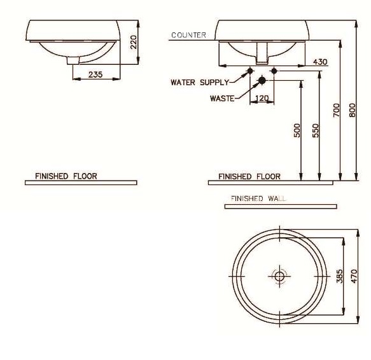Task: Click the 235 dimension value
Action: [95, 74]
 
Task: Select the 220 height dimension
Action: [134, 42]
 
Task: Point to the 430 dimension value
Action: [320, 62]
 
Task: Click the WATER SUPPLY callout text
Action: [199, 83]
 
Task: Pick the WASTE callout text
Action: [222, 98]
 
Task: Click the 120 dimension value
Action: [261, 98]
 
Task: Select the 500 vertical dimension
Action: [297, 130]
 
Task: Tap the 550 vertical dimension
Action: [316, 130]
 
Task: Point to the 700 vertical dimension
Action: [336, 109]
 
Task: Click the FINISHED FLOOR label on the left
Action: [66, 176]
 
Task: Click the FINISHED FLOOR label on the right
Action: [249, 176]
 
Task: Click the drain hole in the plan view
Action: [279, 275]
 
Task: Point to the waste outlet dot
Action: [261, 80]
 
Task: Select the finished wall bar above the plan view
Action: [281, 206]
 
